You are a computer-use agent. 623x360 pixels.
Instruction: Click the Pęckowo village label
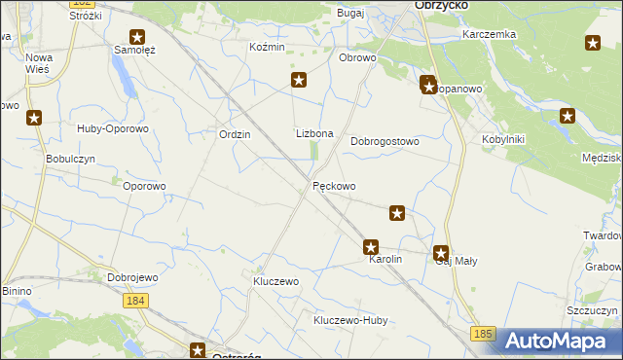tap(334, 186)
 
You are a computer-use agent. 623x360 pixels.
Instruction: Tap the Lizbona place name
tap(314, 134)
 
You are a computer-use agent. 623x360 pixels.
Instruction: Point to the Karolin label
tap(384, 261)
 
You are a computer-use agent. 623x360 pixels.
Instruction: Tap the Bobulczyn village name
tap(69, 159)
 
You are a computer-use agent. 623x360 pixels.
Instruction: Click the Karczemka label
tap(490, 34)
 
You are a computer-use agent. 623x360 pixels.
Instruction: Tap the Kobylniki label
tap(503, 139)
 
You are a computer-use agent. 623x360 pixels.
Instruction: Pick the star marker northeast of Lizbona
tap(299, 81)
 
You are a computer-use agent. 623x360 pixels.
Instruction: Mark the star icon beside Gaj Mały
tap(441, 251)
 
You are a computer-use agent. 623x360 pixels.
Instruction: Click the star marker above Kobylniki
tap(568, 116)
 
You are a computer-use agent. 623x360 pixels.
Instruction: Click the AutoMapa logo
tap(560, 341)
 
